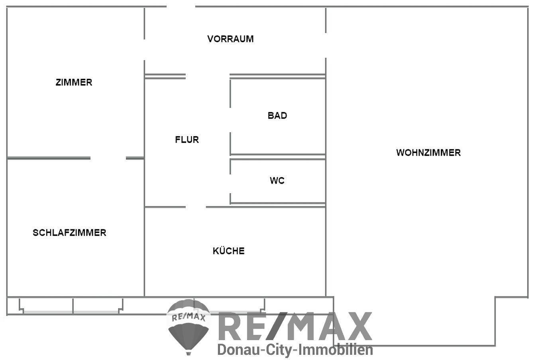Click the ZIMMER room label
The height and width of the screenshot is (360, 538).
74,82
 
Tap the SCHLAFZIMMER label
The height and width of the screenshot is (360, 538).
69,233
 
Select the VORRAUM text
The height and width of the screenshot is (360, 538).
230,39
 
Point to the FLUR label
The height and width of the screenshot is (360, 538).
187,140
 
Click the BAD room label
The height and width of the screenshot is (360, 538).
277,115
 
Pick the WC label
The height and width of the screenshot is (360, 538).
277,181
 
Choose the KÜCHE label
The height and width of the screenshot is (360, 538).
229,251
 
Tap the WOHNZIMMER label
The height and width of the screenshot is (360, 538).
428,153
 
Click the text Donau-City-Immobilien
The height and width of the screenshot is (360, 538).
295,350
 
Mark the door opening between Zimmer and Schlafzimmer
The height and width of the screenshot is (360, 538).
108,158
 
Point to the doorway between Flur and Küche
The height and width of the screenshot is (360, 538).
196,207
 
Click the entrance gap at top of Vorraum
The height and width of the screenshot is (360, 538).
181,7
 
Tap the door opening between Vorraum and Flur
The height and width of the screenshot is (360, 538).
207,76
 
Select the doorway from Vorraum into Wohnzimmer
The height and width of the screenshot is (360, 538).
326,45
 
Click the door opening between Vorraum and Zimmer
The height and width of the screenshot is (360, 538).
144,49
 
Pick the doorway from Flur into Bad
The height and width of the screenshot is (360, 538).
230,120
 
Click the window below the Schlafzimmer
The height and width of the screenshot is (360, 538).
72,306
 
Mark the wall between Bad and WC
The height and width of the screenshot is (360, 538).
278,157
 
